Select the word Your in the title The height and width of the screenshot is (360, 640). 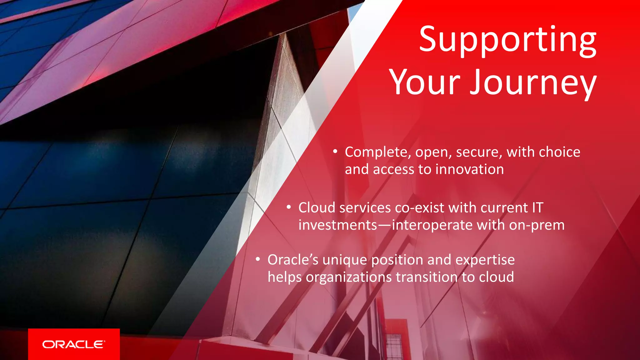click(x=425, y=82)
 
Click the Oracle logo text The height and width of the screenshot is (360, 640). click(x=74, y=344)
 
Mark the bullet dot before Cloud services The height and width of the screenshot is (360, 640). click(x=289, y=207)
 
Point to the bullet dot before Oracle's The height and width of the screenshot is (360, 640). click(x=258, y=259)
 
